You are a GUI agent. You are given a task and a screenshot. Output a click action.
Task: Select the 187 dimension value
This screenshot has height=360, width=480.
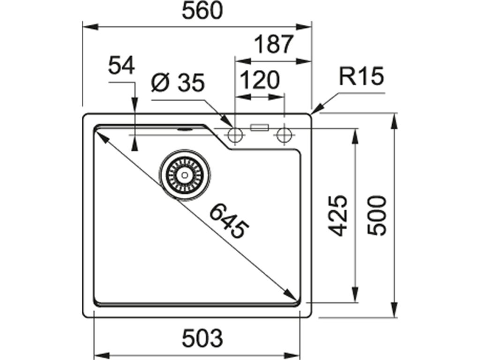tap(274, 45)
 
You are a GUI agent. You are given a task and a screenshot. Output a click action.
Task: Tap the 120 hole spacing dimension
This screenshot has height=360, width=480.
tap(261, 80)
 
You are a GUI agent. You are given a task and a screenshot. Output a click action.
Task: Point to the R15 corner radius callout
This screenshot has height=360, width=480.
tap(361, 76)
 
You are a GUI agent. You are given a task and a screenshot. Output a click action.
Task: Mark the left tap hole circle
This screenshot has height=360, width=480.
tap(234, 135)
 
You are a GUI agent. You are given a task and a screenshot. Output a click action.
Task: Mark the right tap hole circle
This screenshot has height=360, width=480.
tap(283, 135)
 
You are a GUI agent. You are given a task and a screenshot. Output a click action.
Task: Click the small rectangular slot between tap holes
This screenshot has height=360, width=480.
tap(259, 127)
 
